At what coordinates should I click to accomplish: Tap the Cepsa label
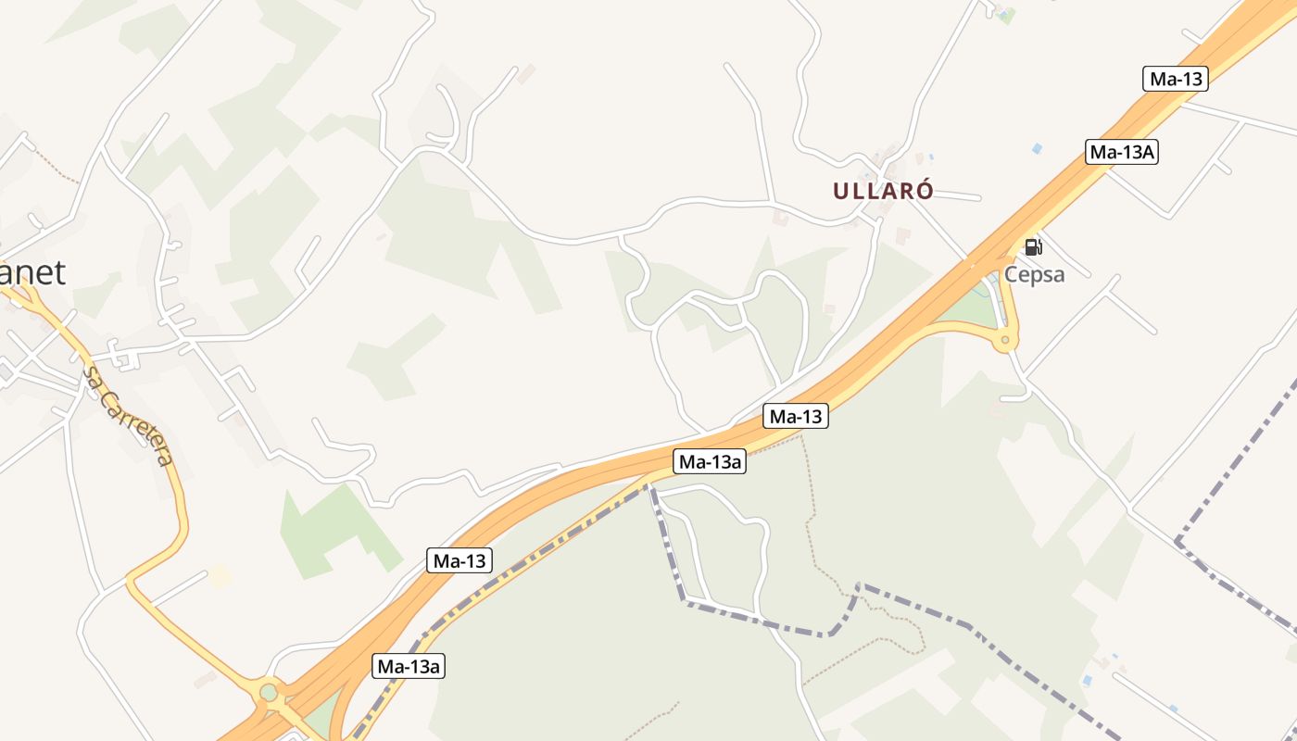[1035, 275]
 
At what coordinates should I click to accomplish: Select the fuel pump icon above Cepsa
[1033, 246]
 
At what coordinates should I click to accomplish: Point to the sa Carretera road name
[128, 416]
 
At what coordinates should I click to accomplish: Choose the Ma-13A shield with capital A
[1122, 152]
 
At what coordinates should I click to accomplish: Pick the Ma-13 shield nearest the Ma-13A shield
[1176, 79]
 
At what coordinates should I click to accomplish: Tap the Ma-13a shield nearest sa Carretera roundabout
[409, 665]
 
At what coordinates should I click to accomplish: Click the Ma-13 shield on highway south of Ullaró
[796, 417]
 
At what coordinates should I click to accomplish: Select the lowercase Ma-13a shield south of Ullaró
[710, 461]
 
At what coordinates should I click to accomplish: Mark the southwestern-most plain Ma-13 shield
[460, 560]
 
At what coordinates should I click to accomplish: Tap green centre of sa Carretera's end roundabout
[269, 692]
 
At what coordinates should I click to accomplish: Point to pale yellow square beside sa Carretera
[220, 576]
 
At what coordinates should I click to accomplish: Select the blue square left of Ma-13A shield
[1037, 148]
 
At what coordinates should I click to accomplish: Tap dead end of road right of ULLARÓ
[979, 198]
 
